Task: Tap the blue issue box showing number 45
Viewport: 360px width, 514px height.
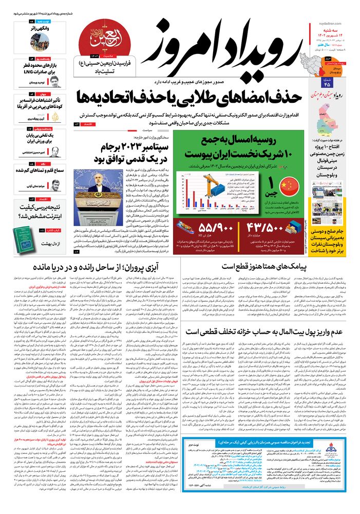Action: [328, 83]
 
